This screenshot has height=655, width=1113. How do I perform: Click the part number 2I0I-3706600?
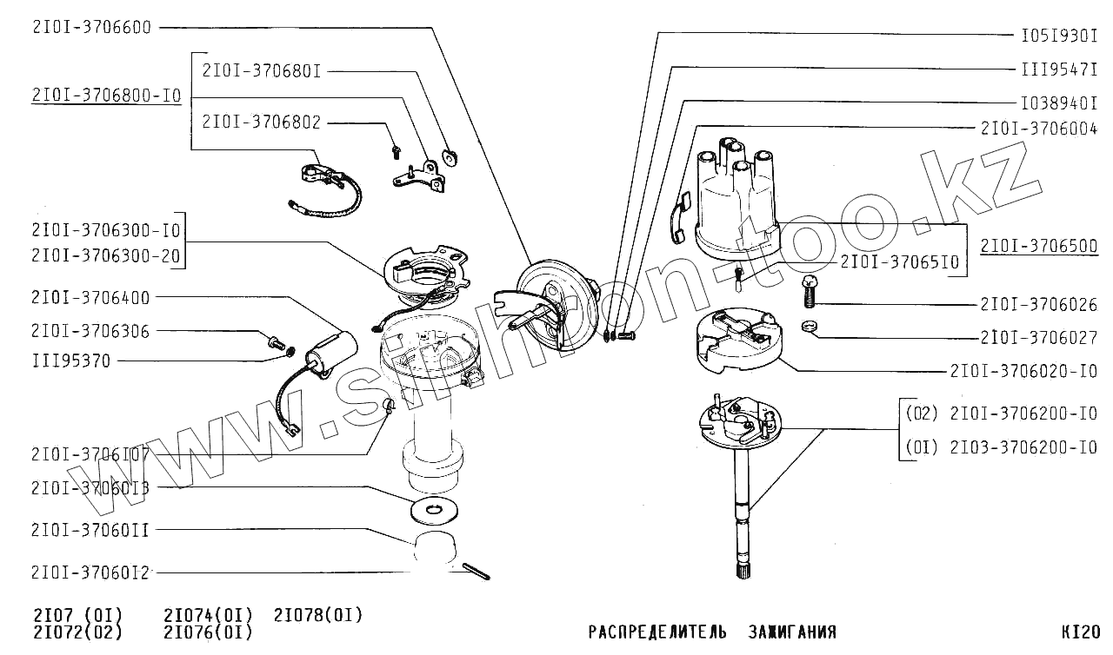[91, 27]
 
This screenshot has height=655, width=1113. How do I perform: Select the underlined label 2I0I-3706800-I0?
[106, 96]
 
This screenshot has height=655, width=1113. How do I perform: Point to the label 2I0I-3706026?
[1038, 305]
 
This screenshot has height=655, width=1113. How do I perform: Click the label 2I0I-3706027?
[1038, 338]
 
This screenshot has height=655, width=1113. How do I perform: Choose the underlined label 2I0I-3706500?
[1038, 246]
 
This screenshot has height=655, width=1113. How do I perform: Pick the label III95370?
[70, 361]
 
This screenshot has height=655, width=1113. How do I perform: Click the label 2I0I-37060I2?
[90, 572]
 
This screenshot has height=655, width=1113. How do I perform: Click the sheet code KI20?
[1081, 632]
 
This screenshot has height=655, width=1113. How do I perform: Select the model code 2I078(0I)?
[317, 615]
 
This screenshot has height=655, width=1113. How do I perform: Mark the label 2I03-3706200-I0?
[1023, 447]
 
